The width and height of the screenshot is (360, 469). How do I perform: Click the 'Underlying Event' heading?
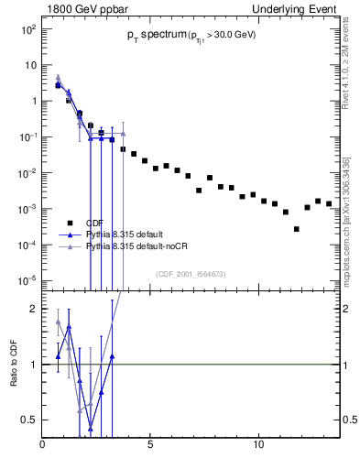[x=299, y=8]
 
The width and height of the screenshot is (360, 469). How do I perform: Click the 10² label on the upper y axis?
[x=28, y=29]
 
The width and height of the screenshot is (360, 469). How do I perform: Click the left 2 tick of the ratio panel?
[x=34, y=309]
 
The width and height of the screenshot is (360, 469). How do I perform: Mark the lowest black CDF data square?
[x=296, y=229]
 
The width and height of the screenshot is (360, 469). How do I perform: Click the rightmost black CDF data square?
[x=329, y=203]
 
